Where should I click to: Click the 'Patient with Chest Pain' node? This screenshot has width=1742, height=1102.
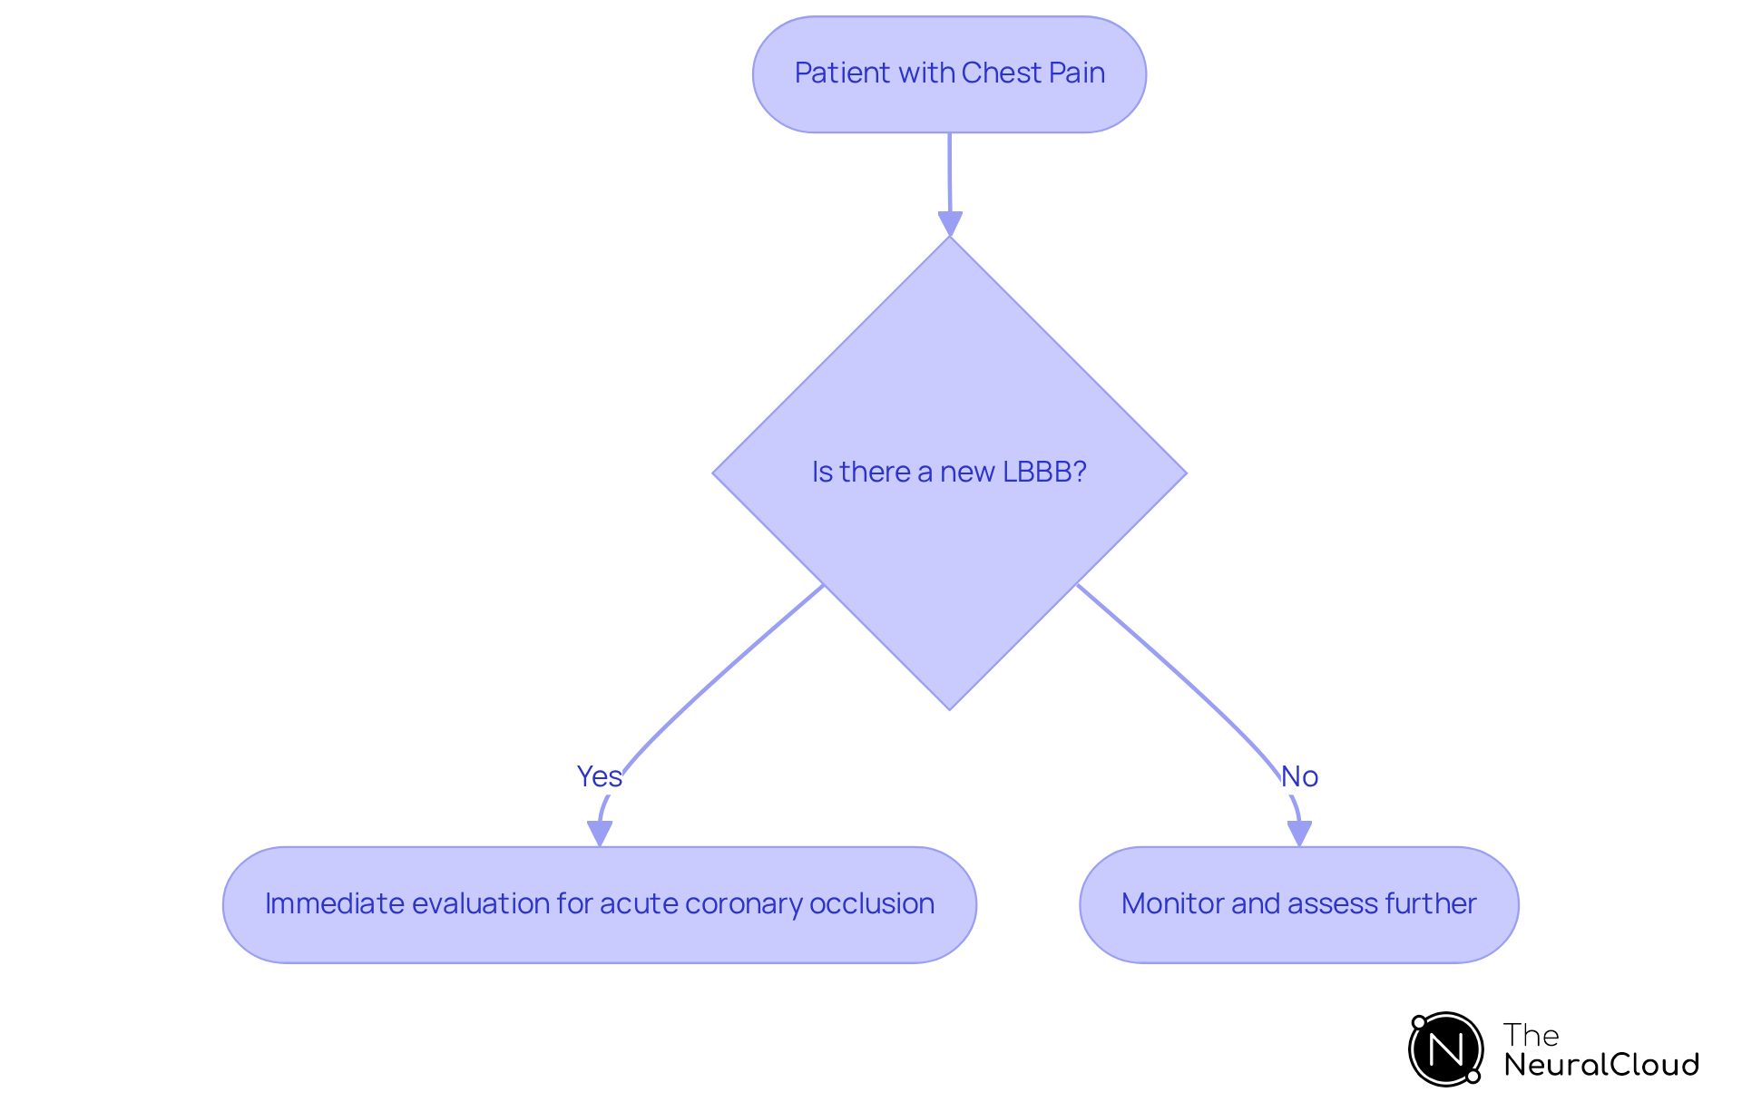[949, 74]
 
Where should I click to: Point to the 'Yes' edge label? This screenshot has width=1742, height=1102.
[599, 776]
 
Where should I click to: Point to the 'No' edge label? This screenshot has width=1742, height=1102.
[1299, 776]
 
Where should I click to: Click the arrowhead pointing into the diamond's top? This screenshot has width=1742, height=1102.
[950, 223]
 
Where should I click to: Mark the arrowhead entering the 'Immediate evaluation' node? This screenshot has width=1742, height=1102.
[599, 833]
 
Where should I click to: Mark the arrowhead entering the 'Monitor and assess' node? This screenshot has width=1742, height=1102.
[1299, 833]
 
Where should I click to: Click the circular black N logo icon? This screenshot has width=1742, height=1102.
[1445, 1049]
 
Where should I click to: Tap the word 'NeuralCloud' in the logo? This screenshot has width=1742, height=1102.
[1600, 1065]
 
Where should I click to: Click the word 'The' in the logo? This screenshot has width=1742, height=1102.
[1531, 1035]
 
